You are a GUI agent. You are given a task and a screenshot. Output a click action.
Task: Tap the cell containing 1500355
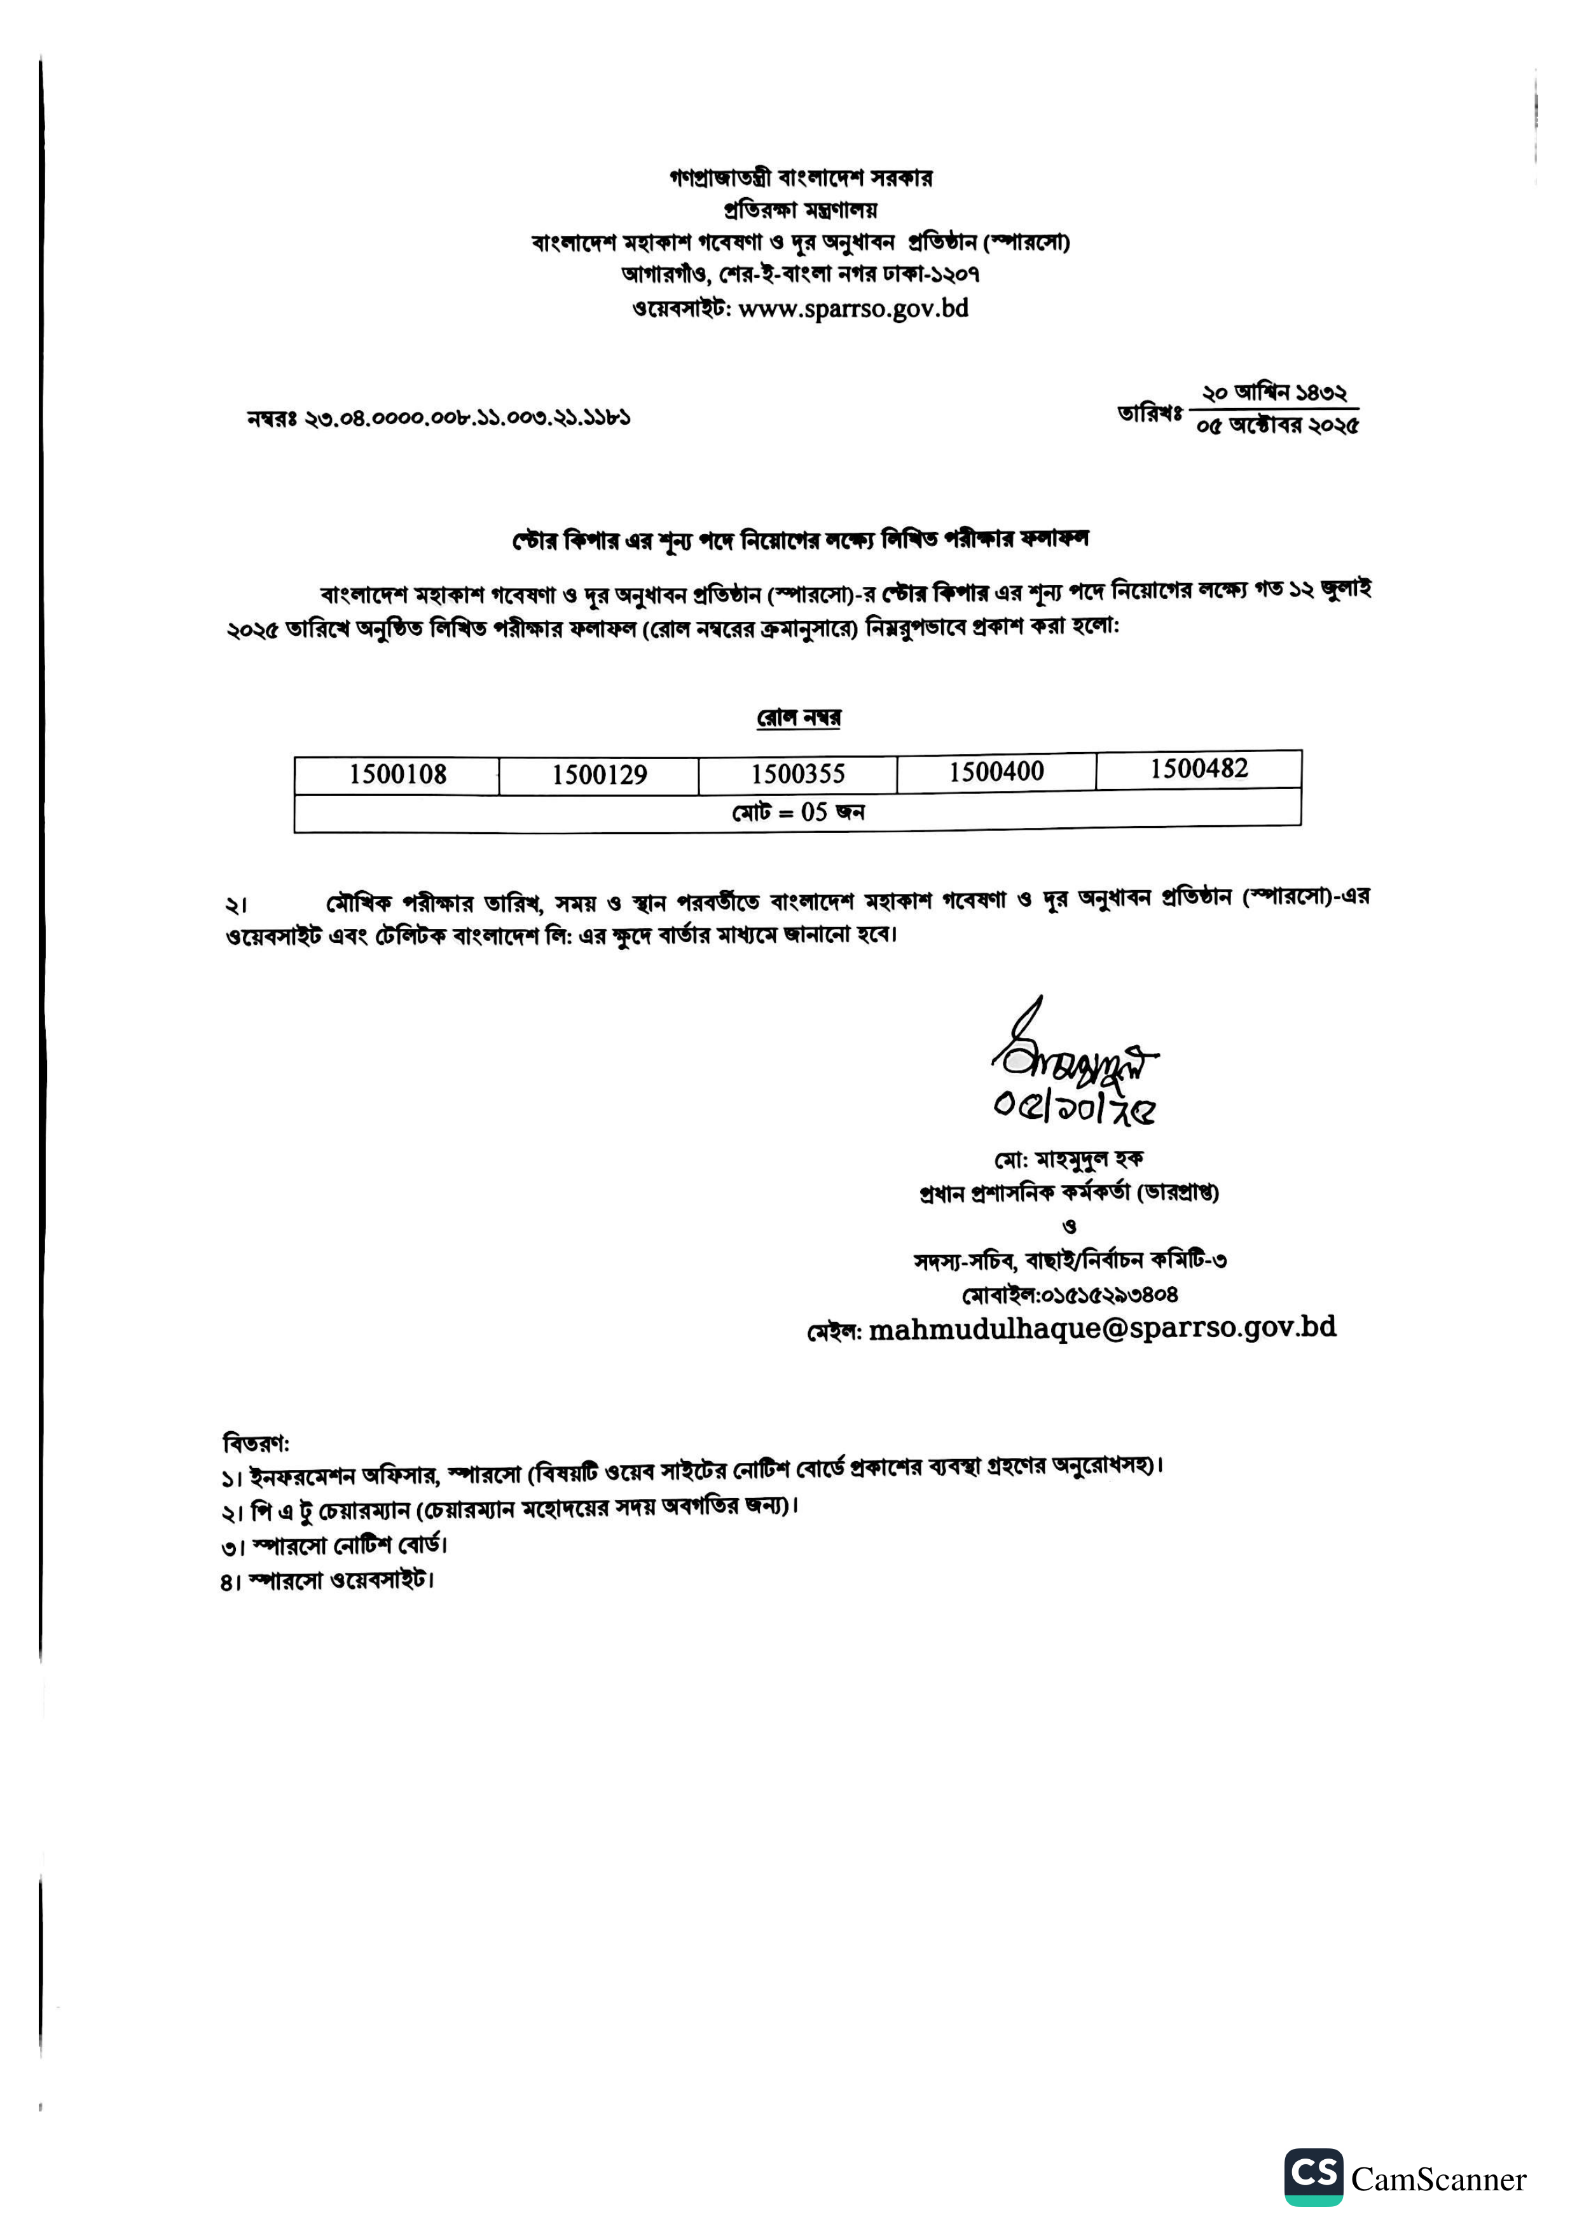(798, 774)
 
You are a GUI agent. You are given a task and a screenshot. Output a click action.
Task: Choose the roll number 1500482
(1199, 769)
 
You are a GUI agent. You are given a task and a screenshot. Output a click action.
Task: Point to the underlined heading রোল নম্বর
(799, 717)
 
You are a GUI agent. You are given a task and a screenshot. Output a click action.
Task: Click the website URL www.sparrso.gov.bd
(853, 309)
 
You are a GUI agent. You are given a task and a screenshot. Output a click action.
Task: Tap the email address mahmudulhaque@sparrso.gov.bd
(1102, 1328)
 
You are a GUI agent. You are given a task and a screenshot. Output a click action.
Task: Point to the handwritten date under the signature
(1073, 1107)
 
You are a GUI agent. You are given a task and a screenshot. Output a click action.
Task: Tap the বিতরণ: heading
(256, 1442)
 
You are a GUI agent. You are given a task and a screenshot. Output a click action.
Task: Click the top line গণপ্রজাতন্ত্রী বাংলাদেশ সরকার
(801, 178)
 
